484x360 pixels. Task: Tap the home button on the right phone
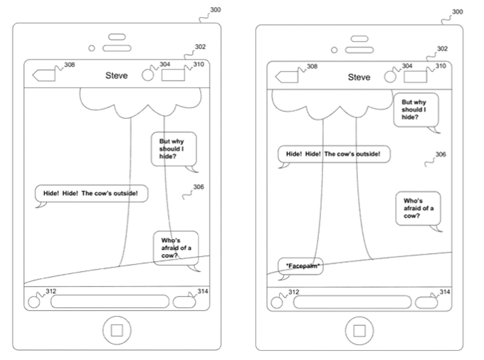point(359,329)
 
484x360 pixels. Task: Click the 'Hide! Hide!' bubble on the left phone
point(91,193)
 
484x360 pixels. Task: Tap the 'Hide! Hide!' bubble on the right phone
point(333,154)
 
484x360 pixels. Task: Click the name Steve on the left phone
point(116,75)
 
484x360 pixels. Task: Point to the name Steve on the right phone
point(359,77)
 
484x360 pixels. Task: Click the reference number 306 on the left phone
point(198,187)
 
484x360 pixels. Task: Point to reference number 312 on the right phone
point(293,292)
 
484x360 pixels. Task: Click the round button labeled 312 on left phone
point(33,302)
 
